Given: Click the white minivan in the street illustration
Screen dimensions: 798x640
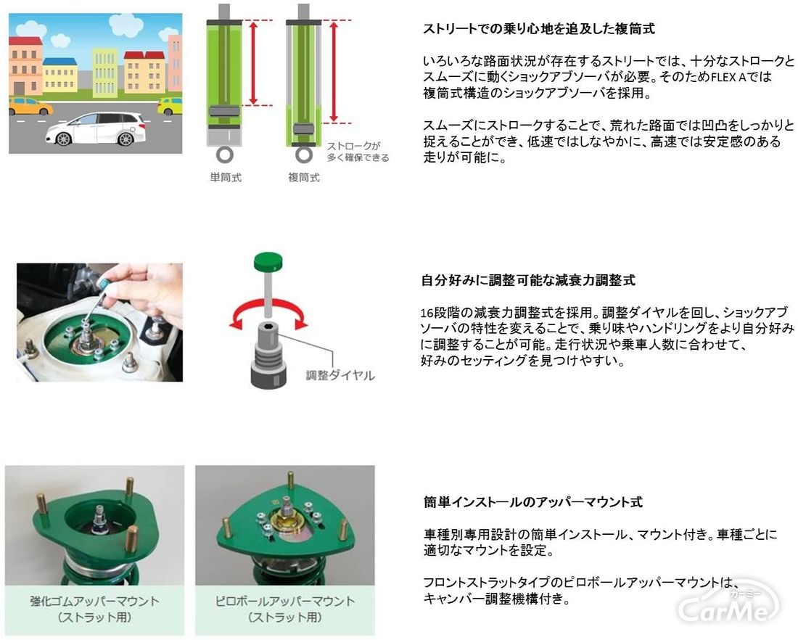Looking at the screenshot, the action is [x=95, y=129].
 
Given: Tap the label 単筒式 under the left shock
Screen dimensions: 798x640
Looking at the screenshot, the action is [x=226, y=178].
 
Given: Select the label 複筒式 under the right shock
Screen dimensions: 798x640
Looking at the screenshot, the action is [x=304, y=178].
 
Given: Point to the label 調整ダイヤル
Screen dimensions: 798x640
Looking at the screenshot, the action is [x=340, y=376].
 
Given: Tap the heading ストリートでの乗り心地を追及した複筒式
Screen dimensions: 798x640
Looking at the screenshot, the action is [x=538, y=29].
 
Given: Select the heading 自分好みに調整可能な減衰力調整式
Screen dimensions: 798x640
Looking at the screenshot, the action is [x=528, y=281].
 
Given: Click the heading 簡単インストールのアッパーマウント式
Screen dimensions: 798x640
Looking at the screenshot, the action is [x=533, y=502].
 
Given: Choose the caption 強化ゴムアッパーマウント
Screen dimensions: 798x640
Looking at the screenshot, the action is [x=94, y=602].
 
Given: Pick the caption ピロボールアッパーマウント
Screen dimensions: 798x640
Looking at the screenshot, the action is [x=285, y=602].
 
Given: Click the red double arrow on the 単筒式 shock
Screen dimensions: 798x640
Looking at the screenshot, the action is [x=253, y=63].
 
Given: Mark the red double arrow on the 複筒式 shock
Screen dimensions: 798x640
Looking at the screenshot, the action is [x=334, y=72].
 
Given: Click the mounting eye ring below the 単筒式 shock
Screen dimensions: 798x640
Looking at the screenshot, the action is [x=224, y=155].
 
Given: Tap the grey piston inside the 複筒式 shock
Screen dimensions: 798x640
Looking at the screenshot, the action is [x=303, y=129].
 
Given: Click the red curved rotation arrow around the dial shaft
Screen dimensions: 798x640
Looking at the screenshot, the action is [x=268, y=305].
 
